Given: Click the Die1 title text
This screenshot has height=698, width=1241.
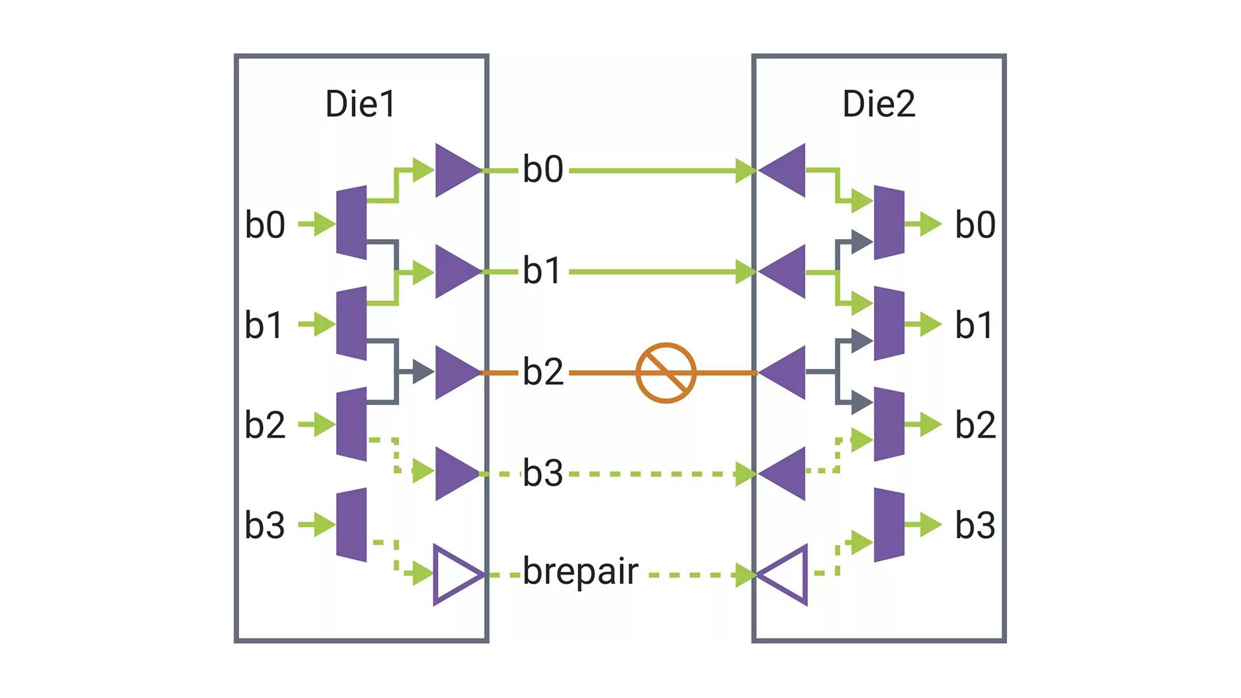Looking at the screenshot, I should pos(360,104).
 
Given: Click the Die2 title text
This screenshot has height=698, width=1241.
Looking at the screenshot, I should pos(879,104).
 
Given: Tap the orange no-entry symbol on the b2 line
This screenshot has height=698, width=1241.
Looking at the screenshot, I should pos(666,373).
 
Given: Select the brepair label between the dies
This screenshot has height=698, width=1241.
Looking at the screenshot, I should pos(580,571).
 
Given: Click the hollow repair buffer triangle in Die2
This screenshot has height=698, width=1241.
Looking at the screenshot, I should pos(785,575).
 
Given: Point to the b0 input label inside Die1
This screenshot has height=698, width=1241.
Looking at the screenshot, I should pos(265,225).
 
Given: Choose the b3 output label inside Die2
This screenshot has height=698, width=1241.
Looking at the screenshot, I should pos(975,525).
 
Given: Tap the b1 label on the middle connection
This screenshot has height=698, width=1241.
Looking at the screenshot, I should pos(542,271).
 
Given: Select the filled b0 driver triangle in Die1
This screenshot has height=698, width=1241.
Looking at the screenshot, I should pos(456,171).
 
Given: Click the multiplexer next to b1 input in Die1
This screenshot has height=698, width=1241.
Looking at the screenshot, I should pos(352,323).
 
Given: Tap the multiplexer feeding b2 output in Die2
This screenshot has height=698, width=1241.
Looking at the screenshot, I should pos(889,424).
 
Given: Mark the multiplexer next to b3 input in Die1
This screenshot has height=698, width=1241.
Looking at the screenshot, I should pos(352,524).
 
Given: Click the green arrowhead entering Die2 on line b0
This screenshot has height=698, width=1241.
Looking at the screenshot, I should pos(746,171).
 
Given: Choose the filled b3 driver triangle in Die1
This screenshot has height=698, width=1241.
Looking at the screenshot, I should pos(456,473).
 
